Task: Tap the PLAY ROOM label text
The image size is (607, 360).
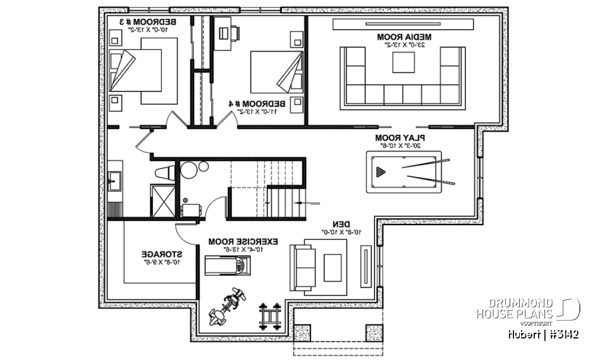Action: tap(400, 137)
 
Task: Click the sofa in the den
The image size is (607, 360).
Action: tap(302, 266)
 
